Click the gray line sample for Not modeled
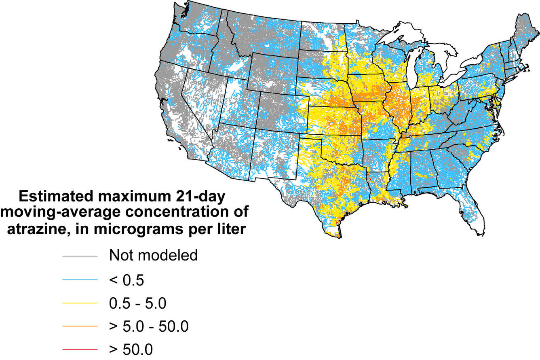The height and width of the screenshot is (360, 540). coord(80,256)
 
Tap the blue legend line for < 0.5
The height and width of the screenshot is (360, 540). coord(80,280)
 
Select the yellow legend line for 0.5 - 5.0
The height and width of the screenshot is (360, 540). coord(80,303)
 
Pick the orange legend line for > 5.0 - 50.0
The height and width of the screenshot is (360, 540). coord(80,326)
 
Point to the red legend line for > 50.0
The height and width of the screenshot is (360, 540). coord(80,349)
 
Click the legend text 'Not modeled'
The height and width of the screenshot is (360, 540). coord(153,256)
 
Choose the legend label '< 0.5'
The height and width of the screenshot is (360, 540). coord(127,280)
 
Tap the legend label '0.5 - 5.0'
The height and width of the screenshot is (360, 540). coord(138,303)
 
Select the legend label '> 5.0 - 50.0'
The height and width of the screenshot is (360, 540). coord(149,326)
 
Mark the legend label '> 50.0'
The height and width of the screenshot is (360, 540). coord(131,349)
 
